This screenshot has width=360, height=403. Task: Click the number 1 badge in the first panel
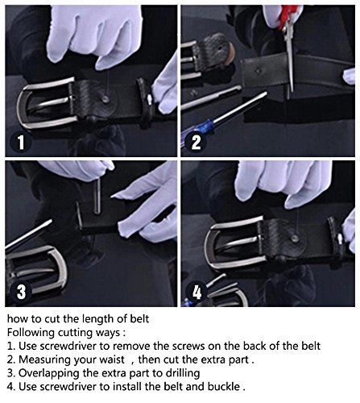click(21, 143)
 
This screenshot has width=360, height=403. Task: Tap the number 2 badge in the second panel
click(196, 143)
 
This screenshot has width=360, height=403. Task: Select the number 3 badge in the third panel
click(21, 292)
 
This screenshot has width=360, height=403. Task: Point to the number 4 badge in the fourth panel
click(197, 293)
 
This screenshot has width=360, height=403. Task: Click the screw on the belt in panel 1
click(106, 99)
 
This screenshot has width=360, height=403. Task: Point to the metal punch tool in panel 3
click(97, 197)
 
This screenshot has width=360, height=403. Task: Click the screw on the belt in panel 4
click(295, 239)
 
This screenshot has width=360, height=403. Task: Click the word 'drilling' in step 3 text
click(183, 373)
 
